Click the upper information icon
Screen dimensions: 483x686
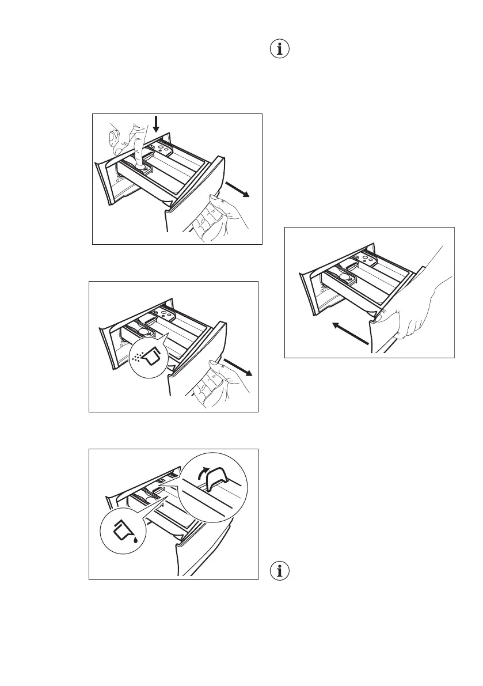pos(281,49)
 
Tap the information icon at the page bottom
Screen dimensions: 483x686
pos(281,573)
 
